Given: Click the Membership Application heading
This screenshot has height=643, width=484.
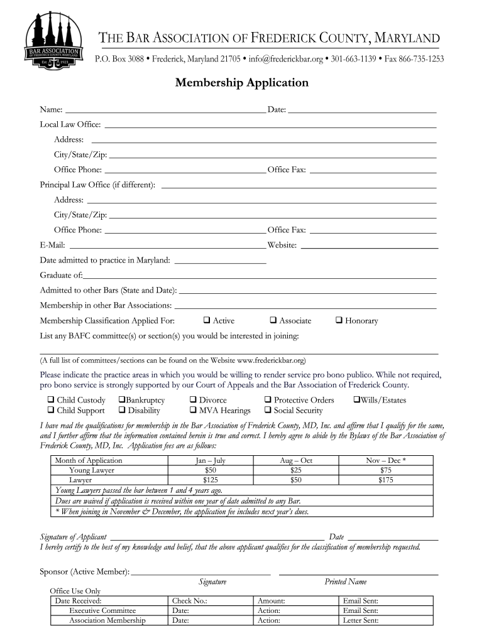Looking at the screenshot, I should (x=242, y=83).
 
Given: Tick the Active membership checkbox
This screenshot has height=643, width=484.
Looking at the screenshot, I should (x=207, y=320).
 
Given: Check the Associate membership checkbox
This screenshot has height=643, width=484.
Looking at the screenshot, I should (x=273, y=320).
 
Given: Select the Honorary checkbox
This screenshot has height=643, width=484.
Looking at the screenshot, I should (x=339, y=320).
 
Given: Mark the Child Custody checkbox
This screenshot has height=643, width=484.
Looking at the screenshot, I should (x=50, y=400).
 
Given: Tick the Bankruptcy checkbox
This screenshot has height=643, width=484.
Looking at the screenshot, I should (x=121, y=400).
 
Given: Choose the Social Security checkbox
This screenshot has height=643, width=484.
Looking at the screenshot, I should (x=268, y=411).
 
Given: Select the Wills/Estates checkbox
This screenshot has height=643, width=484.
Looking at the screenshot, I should (x=356, y=400).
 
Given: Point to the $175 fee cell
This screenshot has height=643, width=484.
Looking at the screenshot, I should (x=386, y=480).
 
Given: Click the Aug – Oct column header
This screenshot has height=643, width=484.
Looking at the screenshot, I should (x=296, y=460).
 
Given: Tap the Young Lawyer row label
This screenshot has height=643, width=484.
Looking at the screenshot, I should (x=92, y=470).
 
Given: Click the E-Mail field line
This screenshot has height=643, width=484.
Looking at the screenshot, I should (x=167, y=246).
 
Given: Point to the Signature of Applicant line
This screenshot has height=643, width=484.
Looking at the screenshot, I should (x=217, y=538).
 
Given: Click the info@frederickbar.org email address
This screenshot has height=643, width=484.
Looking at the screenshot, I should (x=285, y=59).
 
